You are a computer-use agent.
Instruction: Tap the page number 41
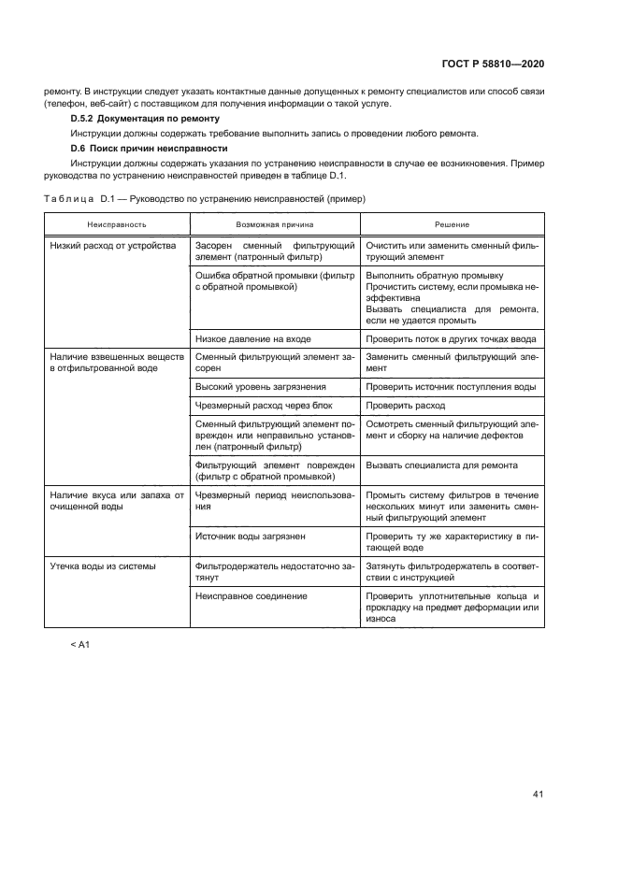pyautogui.click(x=538, y=795)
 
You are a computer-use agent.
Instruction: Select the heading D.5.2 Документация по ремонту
pyautogui.click(x=145, y=119)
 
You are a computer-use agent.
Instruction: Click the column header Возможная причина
pyautogui.click(x=275, y=225)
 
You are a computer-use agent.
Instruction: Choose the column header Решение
pyautogui.click(x=452, y=225)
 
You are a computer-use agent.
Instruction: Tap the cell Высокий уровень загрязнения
pyautogui.click(x=261, y=386)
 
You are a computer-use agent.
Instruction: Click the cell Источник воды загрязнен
pyautogui.click(x=251, y=537)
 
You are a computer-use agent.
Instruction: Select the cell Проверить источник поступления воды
pyautogui.click(x=451, y=386)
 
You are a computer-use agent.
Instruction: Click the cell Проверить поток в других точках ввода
pyautogui.click(x=452, y=338)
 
